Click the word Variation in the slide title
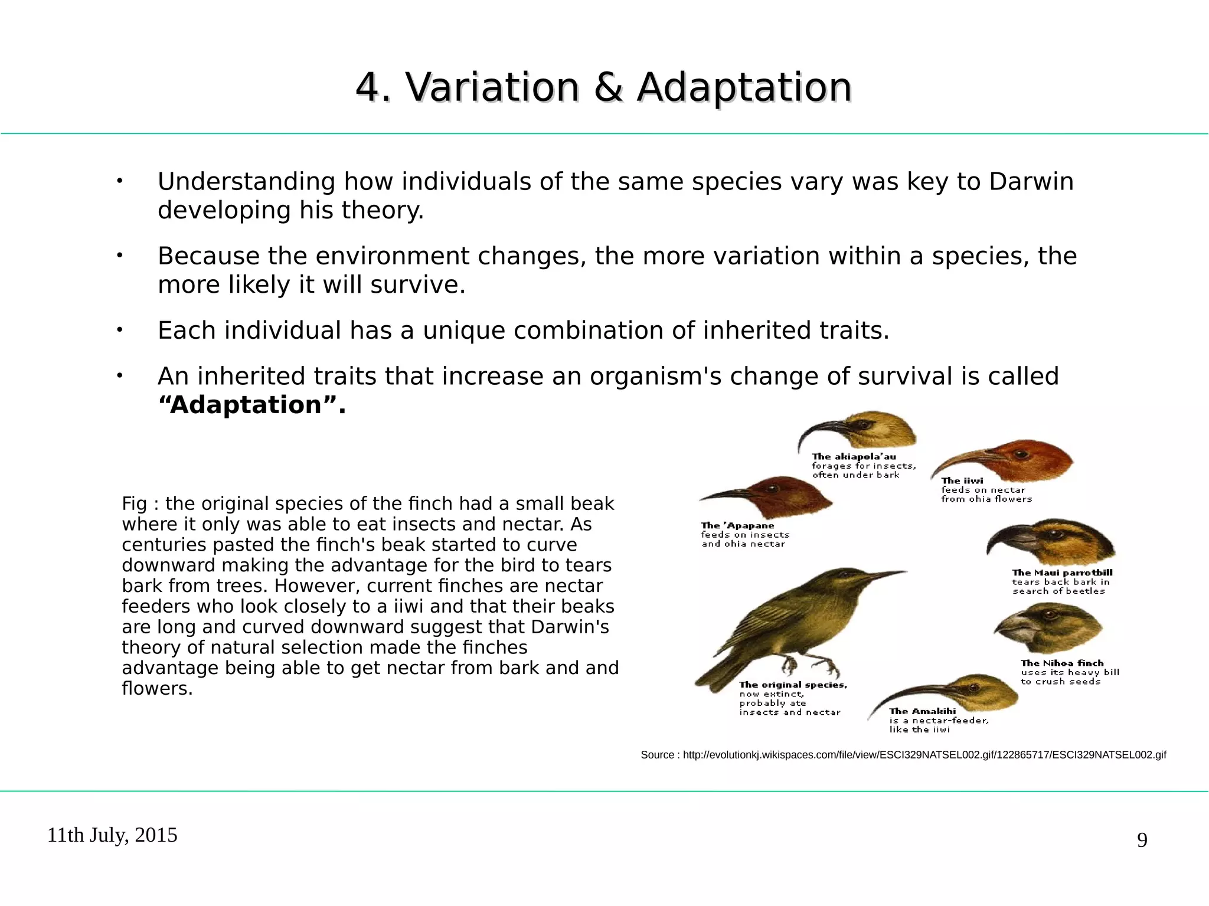[x=492, y=87]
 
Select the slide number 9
[x=1142, y=840]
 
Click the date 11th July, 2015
[x=112, y=835]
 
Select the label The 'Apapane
[x=737, y=526]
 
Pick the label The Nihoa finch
[x=1062, y=663]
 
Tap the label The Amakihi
[x=922, y=712]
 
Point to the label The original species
[x=793, y=685]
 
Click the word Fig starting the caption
[x=133, y=504]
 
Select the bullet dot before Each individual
[x=119, y=331]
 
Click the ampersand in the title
[x=608, y=87]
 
